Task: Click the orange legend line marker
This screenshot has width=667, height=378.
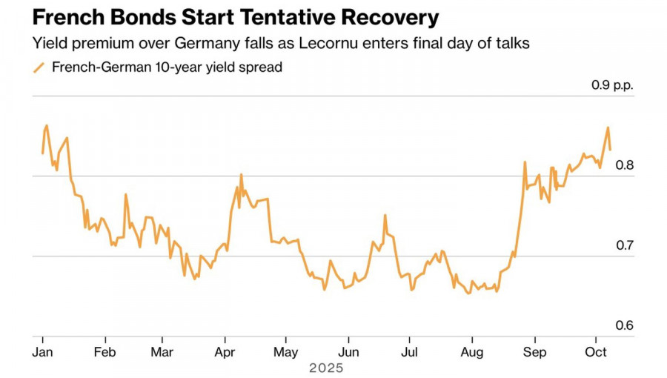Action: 40,67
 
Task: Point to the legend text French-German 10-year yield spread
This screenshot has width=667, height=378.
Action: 167,67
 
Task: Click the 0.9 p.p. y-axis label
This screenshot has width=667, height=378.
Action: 612,85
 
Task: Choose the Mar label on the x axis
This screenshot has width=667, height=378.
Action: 162,352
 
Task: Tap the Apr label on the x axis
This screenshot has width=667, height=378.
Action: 225,352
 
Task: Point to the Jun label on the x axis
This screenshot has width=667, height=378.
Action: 348,352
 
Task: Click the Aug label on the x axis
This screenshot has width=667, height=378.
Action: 472,352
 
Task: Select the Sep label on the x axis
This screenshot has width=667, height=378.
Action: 535,352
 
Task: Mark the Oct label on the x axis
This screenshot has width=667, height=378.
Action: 596,352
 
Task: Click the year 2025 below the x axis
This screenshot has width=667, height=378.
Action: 327,367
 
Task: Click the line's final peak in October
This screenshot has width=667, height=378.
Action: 608,128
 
